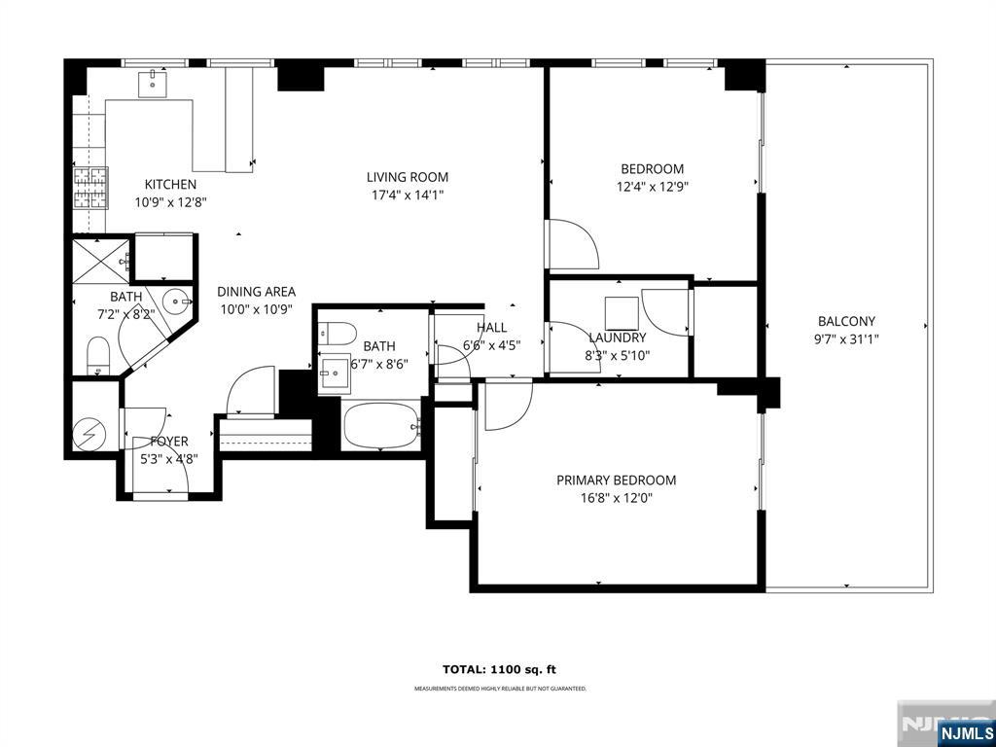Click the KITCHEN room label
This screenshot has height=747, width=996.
pos(170,184)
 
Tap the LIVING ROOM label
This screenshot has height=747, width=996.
pos(408,177)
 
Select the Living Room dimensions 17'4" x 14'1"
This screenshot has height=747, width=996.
pos(408,195)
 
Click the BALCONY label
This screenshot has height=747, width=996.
pos(846,321)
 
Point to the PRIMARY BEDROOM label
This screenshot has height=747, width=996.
pos(616,480)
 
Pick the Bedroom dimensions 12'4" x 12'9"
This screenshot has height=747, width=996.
pos(653,187)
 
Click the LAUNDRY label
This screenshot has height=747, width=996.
pos(617,338)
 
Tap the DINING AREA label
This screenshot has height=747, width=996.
pos(256,292)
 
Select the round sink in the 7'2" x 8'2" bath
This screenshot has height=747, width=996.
pos(174,302)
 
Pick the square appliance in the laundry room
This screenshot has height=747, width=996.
pos(621,313)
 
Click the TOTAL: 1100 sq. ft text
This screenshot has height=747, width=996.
pos(500,669)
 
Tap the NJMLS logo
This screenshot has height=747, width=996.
pos(965,732)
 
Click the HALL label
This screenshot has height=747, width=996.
pos(491,328)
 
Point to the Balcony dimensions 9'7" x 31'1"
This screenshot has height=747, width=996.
pos(846,338)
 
